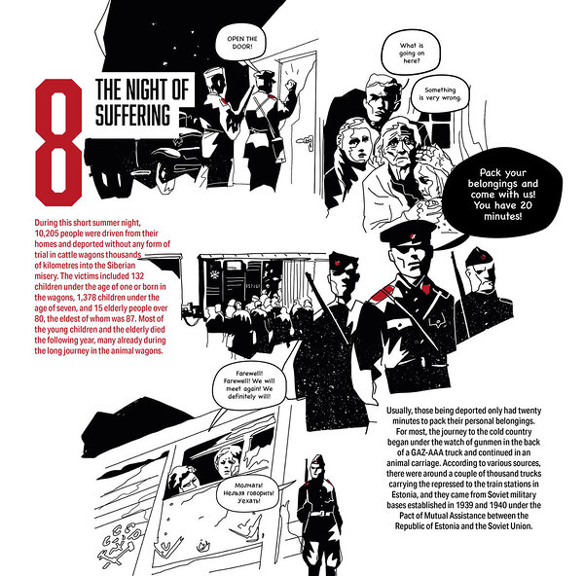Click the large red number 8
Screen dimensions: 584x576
(x=58, y=142)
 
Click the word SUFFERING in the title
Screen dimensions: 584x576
(x=133, y=116)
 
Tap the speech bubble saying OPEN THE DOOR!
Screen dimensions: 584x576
(x=242, y=43)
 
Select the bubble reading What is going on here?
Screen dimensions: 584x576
(x=411, y=53)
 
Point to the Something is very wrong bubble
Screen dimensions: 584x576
(x=440, y=93)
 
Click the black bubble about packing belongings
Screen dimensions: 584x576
(x=502, y=194)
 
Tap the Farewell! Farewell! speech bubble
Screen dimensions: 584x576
(x=249, y=385)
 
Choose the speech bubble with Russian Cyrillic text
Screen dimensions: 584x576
(x=248, y=493)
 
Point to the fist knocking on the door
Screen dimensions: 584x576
(x=290, y=84)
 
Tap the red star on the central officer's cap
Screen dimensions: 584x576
(x=413, y=236)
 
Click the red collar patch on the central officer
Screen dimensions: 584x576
(x=383, y=294)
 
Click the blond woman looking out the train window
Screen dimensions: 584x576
(x=226, y=462)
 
